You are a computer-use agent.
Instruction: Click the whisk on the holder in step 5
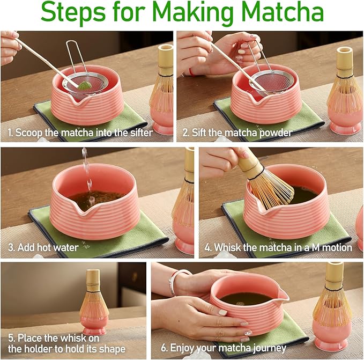point(93,298)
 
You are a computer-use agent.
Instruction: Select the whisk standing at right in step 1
point(162,86)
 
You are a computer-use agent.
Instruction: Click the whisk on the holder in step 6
point(333,300)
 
